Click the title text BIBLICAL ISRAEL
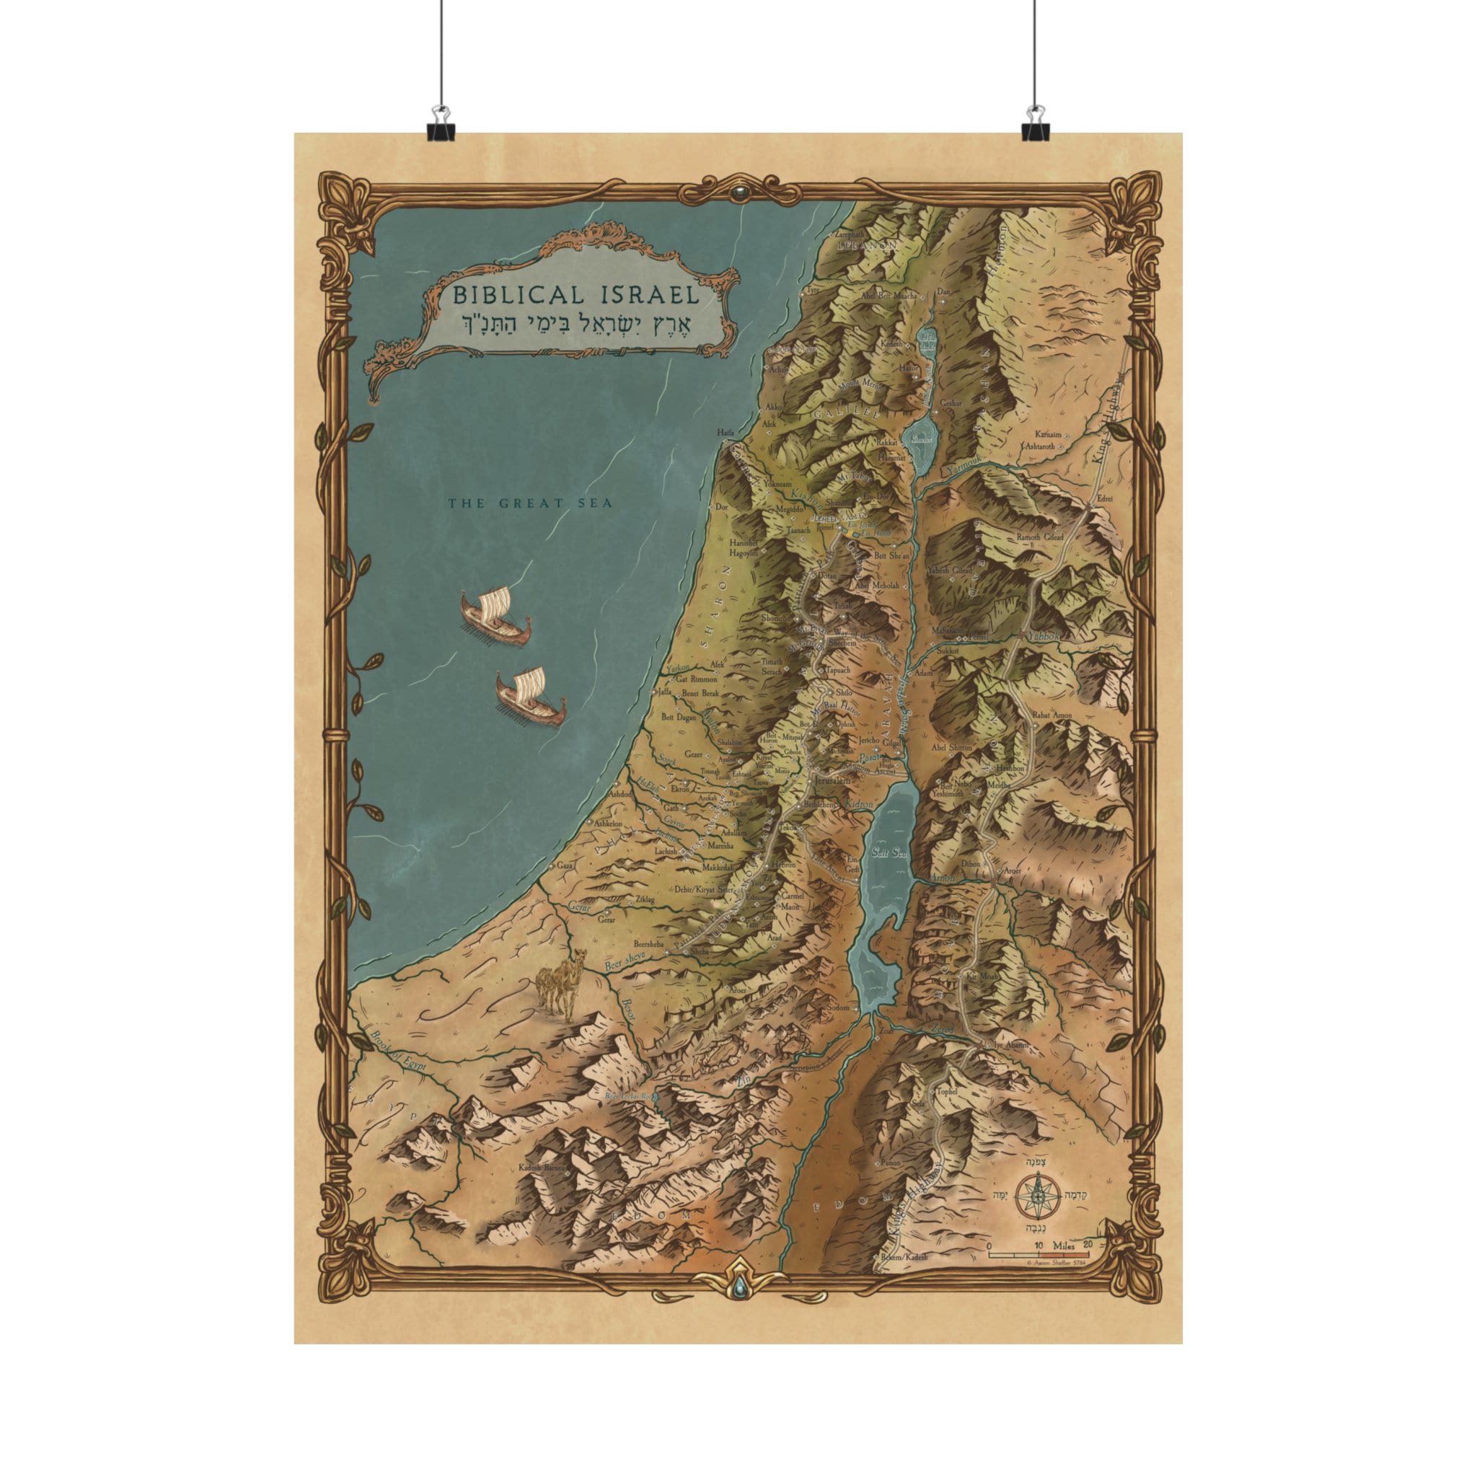tap(576, 294)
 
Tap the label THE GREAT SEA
tap(530, 503)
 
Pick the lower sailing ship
tap(531, 696)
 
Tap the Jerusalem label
tap(832, 782)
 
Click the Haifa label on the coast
tap(726, 433)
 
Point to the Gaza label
tap(565, 866)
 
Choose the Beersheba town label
tap(651, 943)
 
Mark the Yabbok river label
tap(1044, 635)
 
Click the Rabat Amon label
tap(1052, 715)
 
